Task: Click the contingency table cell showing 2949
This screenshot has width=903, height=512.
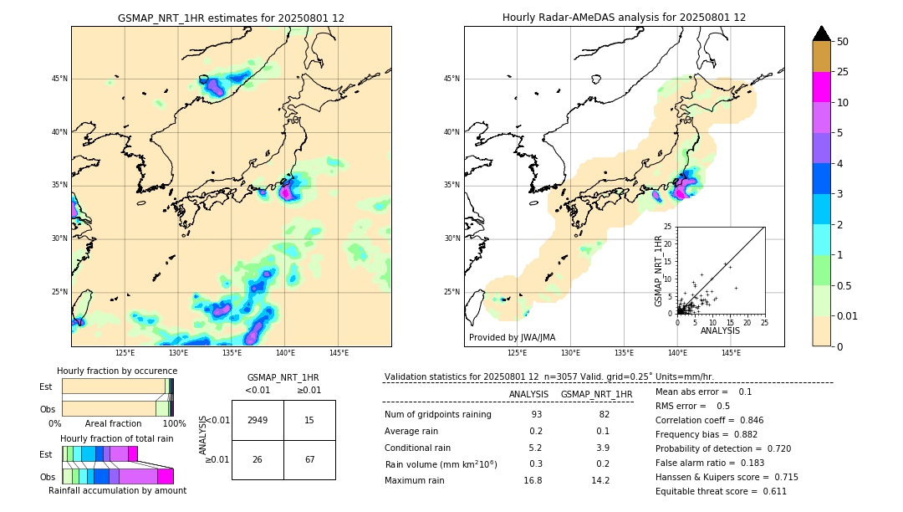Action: tap(258, 420)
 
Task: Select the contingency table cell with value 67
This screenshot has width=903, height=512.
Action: tap(309, 459)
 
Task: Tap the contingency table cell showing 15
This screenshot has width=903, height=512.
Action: tap(309, 420)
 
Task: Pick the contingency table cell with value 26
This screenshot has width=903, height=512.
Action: tap(258, 459)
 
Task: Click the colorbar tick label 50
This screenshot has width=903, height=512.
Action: tap(843, 42)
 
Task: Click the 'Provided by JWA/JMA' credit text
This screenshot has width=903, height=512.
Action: tap(512, 338)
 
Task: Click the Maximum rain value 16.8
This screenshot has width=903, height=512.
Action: tap(533, 480)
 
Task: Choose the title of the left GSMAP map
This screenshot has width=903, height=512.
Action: tap(231, 18)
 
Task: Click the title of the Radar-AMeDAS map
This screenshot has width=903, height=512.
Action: tap(624, 18)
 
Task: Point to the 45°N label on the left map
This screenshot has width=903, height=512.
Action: tap(59, 79)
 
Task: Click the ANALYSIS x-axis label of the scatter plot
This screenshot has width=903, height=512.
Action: tap(720, 330)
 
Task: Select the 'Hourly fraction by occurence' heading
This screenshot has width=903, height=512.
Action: tap(117, 371)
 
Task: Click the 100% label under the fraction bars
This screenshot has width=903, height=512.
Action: tap(174, 424)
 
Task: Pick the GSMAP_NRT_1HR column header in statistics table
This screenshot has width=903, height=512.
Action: tap(596, 394)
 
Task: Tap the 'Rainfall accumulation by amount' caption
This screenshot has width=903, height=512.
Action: tap(125, 491)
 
